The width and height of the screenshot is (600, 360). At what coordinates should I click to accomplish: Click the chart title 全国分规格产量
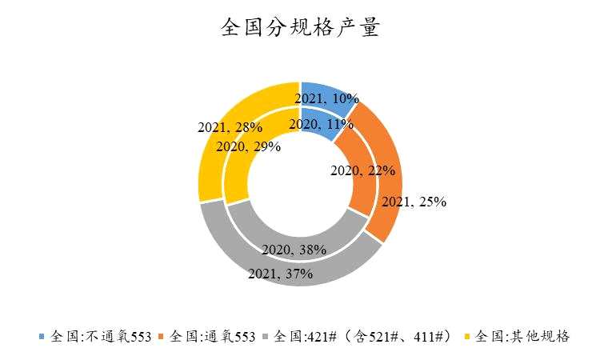click(300, 30)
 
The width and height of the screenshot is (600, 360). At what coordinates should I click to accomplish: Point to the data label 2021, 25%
click(414, 202)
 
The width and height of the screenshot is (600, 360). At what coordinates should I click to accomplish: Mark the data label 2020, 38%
click(294, 250)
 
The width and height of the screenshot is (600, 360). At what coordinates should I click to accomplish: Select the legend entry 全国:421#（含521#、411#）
click(364, 336)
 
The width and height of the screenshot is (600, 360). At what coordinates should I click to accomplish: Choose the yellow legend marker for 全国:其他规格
click(469, 336)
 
